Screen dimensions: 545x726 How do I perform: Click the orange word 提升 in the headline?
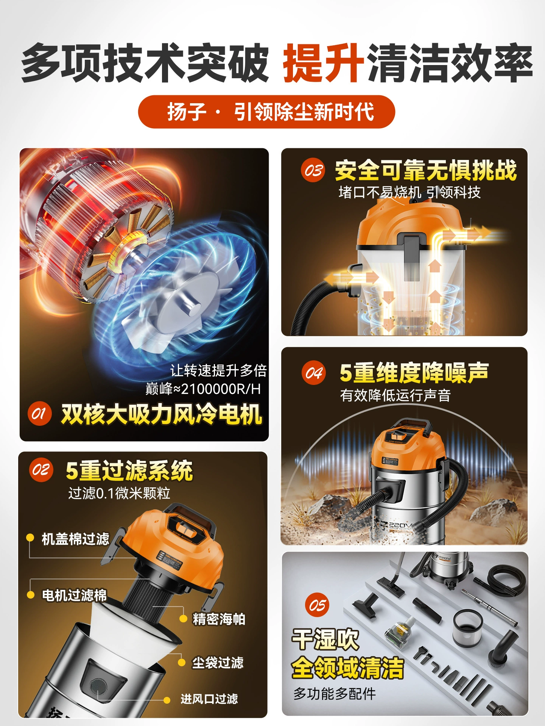324,63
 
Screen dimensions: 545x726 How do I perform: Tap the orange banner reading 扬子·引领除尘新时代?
266,112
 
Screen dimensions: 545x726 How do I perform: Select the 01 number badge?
39,414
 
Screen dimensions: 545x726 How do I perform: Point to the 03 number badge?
313,170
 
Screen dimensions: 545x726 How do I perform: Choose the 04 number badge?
314,373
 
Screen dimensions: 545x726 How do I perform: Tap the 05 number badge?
317,605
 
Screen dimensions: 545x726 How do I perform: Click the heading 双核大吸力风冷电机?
162,414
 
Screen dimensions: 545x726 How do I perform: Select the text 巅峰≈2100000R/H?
203,389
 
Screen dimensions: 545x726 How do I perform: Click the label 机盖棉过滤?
75,539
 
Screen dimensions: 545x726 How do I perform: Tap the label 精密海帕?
219,619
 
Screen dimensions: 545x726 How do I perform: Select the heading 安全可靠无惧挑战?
426,171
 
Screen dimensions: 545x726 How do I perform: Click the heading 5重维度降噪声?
414,373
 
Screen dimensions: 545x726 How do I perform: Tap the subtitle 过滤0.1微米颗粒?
119,493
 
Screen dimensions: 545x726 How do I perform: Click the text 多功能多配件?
335,693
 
